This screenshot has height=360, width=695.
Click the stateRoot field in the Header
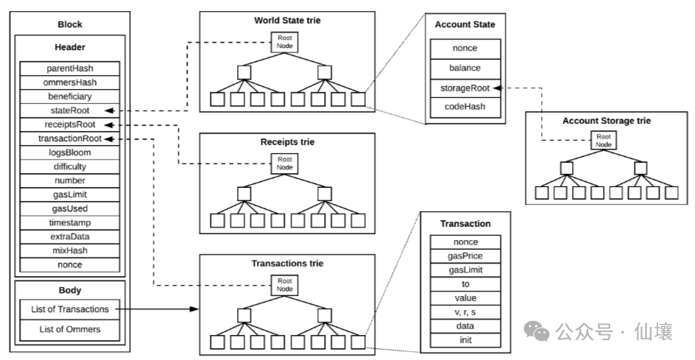(x=70, y=110)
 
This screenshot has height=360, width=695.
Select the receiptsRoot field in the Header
(x=70, y=124)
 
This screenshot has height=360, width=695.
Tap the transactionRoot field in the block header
(x=70, y=138)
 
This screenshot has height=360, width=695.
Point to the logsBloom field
(x=70, y=152)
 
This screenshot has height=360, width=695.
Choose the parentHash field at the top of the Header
(x=70, y=68)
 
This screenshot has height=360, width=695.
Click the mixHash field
(x=70, y=250)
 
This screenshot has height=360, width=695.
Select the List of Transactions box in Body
(x=70, y=309)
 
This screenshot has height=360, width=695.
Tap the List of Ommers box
(x=70, y=329)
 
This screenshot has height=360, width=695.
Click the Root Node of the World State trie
(x=284, y=43)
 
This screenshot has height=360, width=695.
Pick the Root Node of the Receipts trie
(x=284, y=163)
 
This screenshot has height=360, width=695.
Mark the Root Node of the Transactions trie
(x=284, y=284)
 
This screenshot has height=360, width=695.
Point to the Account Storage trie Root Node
(x=604, y=141)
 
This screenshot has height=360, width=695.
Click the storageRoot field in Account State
(x=465, y=88)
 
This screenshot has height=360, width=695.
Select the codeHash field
(x=465, y=107)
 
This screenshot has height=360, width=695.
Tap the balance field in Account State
(x=465, y=68)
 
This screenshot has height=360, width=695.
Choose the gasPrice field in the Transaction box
(x=465, y=256)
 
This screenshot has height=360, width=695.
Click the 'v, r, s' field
(x=465, y=312)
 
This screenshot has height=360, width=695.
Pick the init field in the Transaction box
(x=465, y=340)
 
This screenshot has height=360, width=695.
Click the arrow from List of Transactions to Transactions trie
(x=158, y=310)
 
